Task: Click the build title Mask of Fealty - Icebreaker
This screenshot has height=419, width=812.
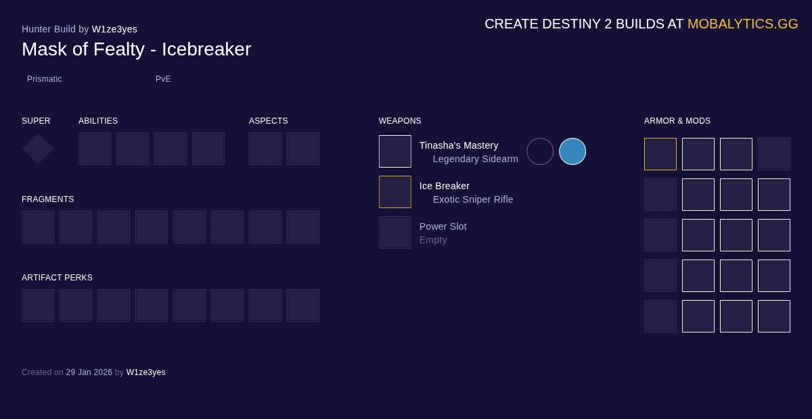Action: (x=136, y=49)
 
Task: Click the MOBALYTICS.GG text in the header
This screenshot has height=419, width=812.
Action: (x=742, y=24)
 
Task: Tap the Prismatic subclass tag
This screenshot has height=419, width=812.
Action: (x=45, y=79)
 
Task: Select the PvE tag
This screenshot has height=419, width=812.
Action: (x=163, y=79)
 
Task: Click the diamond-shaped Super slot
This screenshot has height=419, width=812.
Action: (x=38, y=149)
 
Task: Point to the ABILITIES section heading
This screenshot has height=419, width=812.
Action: (x=98, y=121)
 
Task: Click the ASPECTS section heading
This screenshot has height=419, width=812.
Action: (x=269, y=121)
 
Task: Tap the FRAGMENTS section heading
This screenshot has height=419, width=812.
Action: (x=48, y=199)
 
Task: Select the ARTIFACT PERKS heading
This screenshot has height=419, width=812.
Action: (x=57, y=278)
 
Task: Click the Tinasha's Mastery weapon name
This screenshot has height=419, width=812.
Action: (x=459, y=145)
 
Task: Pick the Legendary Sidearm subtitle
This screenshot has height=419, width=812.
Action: (x=475, y=159)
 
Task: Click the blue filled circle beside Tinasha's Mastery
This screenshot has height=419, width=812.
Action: (x=572, y=151)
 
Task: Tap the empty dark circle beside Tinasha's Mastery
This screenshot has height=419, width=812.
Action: (x=540, y=151)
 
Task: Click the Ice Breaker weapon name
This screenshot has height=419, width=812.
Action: (x=445, y=186)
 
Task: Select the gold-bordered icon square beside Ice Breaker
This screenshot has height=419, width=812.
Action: (x=395, y=192)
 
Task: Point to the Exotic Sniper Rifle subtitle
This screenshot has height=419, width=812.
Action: (x=473, y=199)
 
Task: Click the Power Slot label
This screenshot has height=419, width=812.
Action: (x=443, y=226)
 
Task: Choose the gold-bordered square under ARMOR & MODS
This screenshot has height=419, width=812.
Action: (x=660, y=154)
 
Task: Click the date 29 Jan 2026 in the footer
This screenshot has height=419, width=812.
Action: (x=89, y=372)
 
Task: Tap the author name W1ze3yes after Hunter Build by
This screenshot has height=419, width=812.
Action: (x=114, y=29)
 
